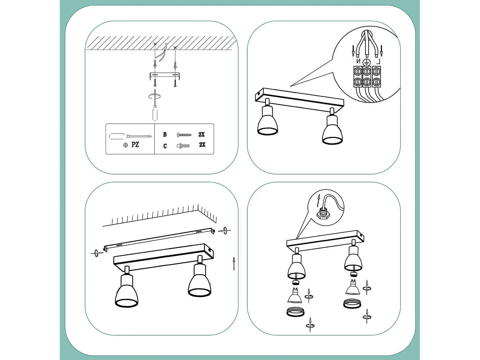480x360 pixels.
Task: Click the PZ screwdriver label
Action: tap(135, 145)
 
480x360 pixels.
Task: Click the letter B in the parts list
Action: tap(165, 134)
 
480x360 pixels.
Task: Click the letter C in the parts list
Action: tap(165, 146)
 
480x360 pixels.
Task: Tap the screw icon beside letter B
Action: tap(184, 135)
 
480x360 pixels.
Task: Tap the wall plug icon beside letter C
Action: tap(183, 146)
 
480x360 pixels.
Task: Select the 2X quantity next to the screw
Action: tap(201, 134)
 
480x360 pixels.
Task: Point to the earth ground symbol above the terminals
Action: tap(367, 62)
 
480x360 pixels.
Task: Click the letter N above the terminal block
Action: tap(358, 61)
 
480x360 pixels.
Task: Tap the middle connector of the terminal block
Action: tap(367, 77)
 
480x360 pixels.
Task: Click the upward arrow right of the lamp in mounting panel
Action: tap(234, 264)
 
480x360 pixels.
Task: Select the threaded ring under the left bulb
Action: tap(295, 312)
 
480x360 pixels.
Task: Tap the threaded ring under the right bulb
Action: tap(352, 304)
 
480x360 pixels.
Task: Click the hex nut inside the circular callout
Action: tap(323, 213)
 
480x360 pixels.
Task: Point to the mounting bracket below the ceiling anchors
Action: tap(165, 76)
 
